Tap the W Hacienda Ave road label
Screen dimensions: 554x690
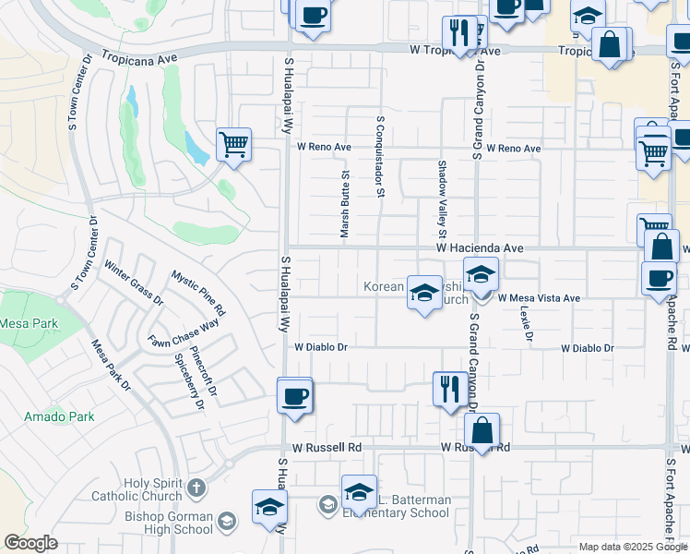coord(480,248)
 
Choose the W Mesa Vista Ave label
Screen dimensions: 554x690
coord(539,298)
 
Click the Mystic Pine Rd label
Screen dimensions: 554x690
coord(197,291)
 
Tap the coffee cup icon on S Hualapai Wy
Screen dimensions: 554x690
coord(295,397)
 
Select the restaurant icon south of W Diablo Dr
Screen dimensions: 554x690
coord(449,388)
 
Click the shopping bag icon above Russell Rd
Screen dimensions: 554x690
coord(482,429)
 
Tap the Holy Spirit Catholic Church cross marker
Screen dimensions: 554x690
coord(196,487)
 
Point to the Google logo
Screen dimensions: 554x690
coord(30,543)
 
